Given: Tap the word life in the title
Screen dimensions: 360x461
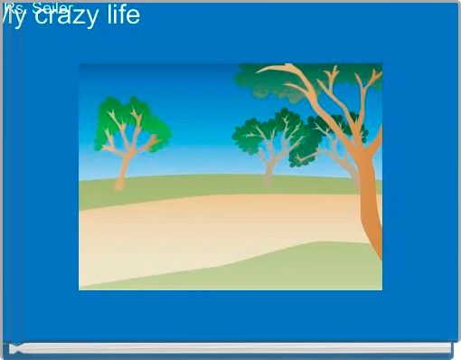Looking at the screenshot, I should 120,14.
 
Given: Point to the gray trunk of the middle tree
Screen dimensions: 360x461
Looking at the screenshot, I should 268,170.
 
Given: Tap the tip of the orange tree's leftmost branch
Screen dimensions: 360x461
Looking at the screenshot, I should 259,69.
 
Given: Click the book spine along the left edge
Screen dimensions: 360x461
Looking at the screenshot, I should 11,181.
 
